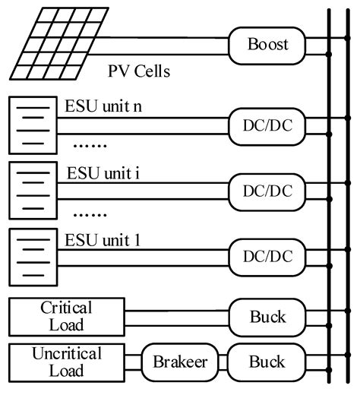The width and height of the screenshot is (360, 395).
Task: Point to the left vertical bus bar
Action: [328, 197]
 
